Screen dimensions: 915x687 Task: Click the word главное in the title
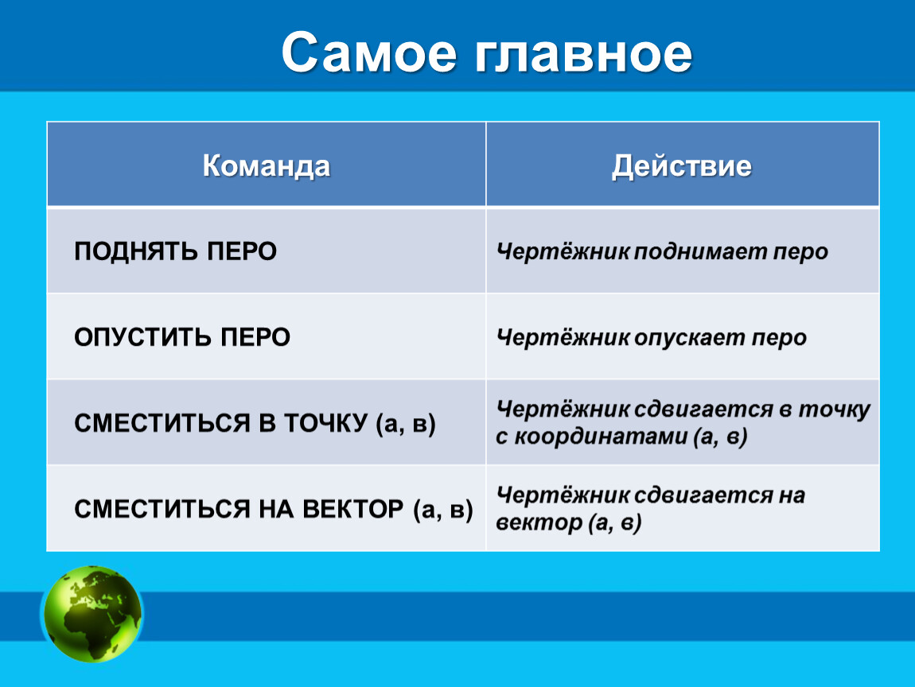(x=583, y=53)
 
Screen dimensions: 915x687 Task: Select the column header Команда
(x=266, y=165)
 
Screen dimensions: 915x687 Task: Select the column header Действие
(x=682, y=165)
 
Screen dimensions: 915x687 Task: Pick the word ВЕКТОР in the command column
(x=352, y=509)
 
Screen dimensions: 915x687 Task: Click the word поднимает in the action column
(x=700, y=252)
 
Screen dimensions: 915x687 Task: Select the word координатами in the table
(x=601, y=437)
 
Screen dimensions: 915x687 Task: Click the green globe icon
(x=92, y=614)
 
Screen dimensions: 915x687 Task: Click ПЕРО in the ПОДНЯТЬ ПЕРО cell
(x=242, y=251)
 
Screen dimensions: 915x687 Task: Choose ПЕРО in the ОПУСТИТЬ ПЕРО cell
(x=255, y=337)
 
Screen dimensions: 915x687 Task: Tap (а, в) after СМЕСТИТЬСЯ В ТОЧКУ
(x=406, y=424)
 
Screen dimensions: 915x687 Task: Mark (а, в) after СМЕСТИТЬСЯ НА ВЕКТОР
(x=443, y=510)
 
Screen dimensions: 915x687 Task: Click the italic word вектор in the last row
(x=539, y=522)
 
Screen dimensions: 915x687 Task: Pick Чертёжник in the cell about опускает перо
(x=563, y=338)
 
